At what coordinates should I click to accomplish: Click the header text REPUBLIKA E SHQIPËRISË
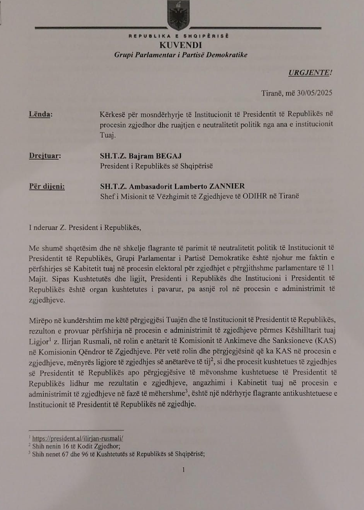(x=179, y=35)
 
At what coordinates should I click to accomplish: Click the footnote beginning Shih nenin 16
(x=68, y=445)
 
